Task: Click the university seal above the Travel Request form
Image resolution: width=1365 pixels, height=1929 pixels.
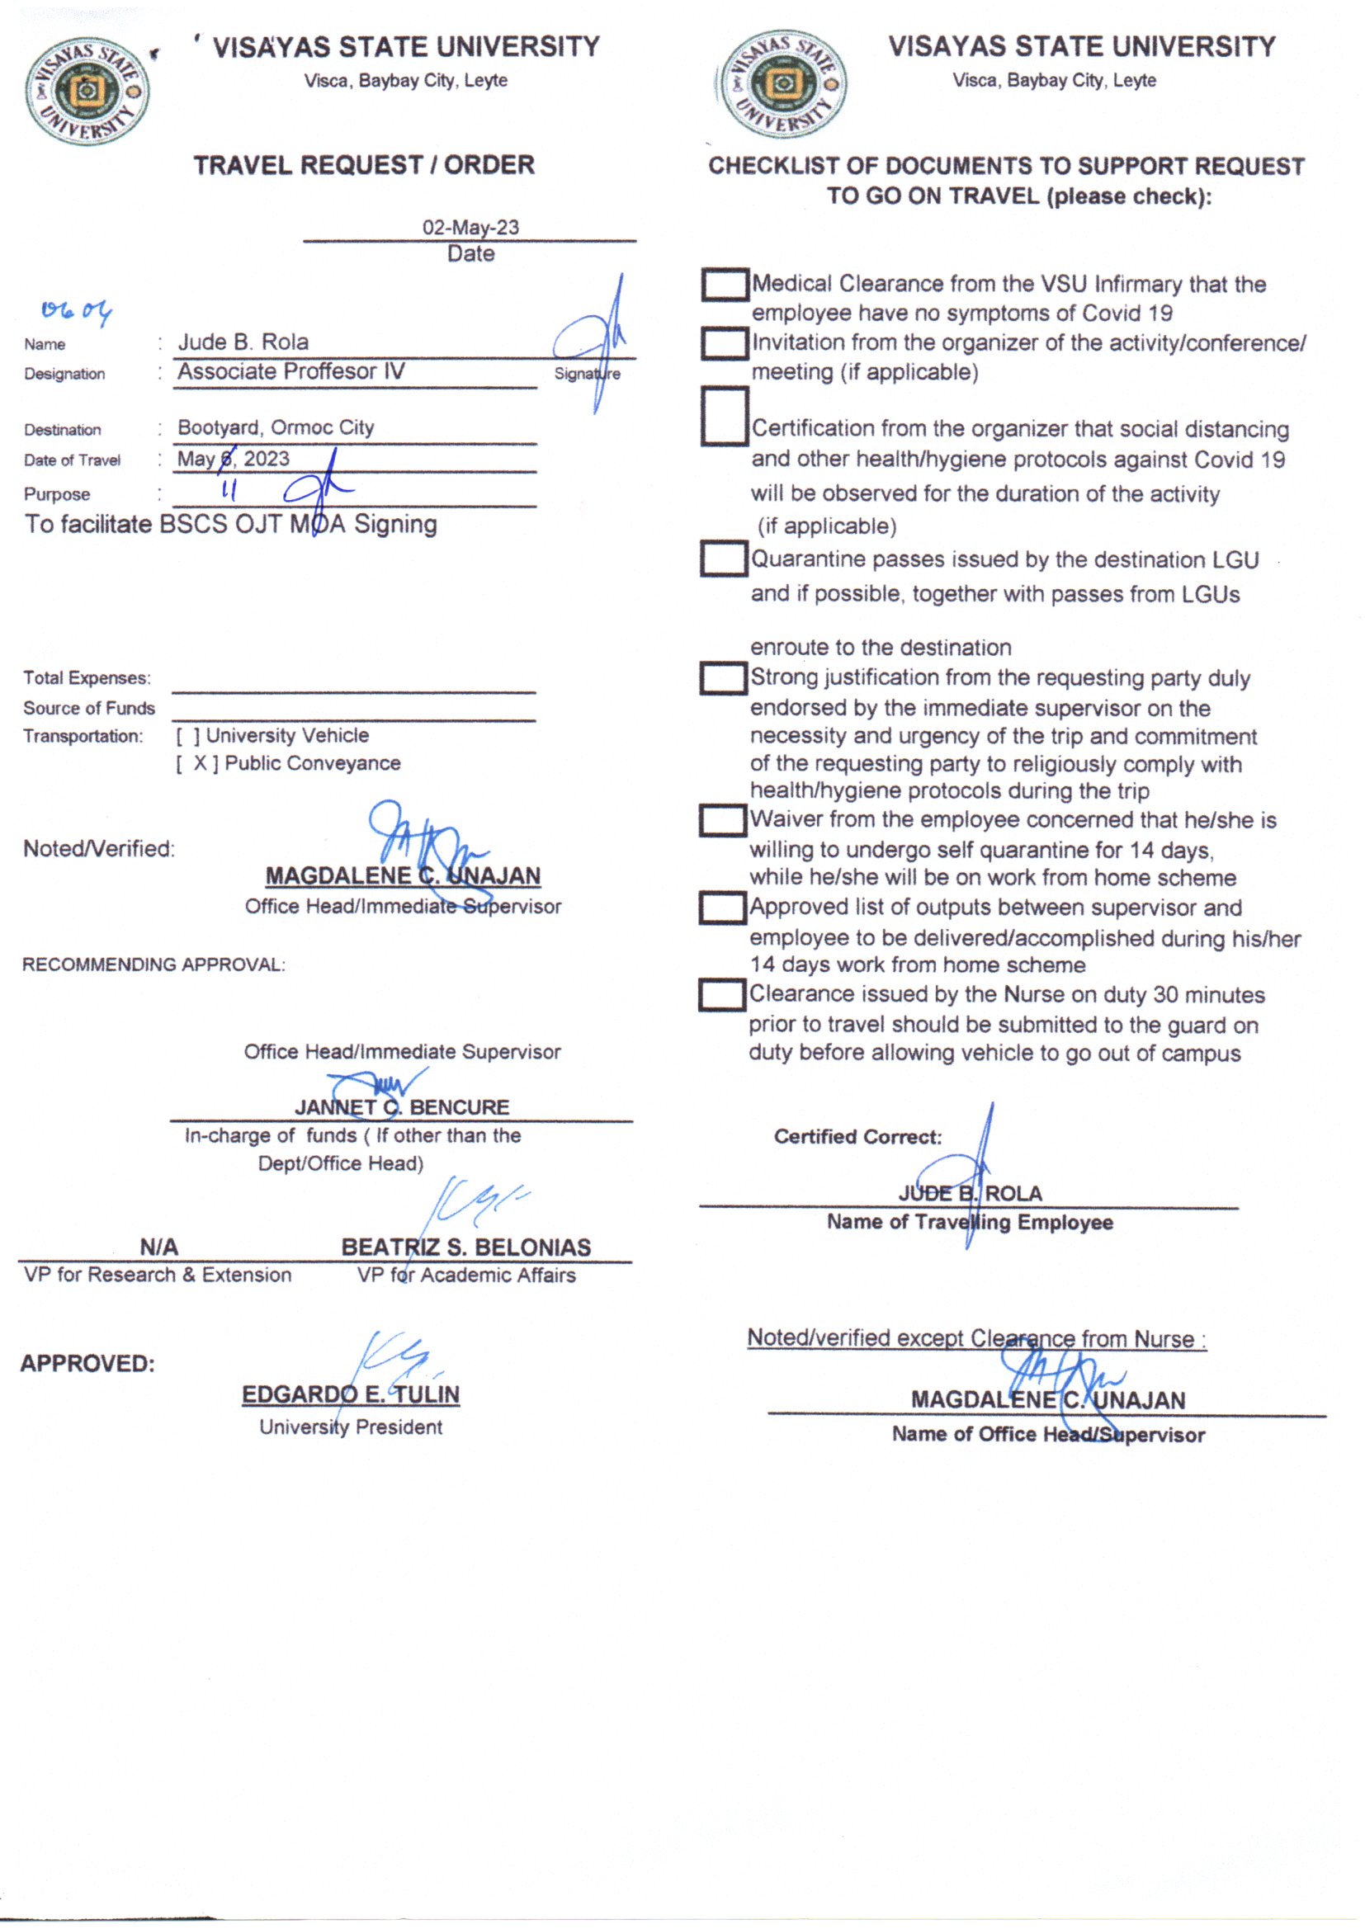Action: (x=87, y=92)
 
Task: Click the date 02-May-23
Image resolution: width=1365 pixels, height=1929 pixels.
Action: (x=470, y=228)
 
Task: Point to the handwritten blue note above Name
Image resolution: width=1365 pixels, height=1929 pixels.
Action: (x=76, y=313)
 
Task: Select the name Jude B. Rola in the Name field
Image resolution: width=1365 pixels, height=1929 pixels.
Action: (x=243, y=342)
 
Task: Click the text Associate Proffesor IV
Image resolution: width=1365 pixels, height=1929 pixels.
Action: (x=290, y=371)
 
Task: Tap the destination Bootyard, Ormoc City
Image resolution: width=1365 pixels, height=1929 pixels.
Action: (x=276, y=427)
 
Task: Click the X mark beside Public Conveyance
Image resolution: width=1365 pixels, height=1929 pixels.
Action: (x=200, y=764)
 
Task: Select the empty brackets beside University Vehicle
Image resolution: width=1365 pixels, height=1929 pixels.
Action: (x=188, y=736)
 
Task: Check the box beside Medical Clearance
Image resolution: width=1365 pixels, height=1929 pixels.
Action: (x=725, y=285)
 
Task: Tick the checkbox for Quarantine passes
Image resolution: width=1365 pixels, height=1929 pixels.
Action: (x=723, y=559)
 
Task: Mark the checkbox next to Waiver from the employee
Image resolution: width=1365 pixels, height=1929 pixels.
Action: (x=722, y=821)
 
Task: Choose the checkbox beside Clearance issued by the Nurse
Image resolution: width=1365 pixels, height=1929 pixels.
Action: (x=721, y=996)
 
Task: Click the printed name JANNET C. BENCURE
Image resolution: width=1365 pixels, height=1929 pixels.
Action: (x=402, y=1107)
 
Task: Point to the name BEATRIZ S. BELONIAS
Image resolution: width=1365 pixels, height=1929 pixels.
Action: (x=465, y=1247)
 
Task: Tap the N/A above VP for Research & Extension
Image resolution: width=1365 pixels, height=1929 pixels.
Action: (x=158, y=1247)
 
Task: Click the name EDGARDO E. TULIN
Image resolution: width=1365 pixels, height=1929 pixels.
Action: (x=351, y=1394)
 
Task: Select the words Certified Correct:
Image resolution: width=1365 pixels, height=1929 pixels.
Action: (x=857, y=1137)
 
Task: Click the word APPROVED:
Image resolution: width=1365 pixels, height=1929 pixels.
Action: (x=87, y=1364)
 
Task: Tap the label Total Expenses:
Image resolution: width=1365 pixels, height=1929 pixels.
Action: (x=87, y=678)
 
